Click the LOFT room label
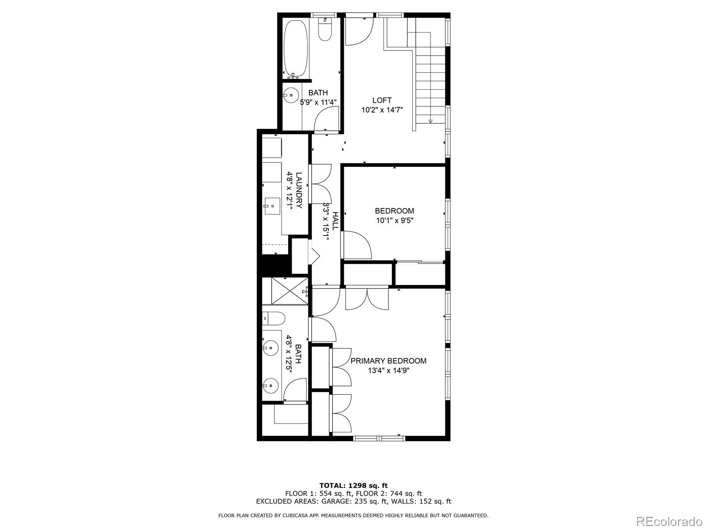pyautogui.click(x=382, y=101)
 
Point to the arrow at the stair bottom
pyautogui.click(x=430, y=121)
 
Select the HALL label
pyautogui.click(x=335, y=221)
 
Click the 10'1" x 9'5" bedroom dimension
pyautogui.click(x=395, y=220)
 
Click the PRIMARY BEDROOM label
pyautogui.click(x=388, y=361)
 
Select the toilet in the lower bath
pyautogui.click(x=273, y=318)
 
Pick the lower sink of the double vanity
pyautogui.click(x=270, y=386)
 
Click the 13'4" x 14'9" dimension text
pyautogui.click(x=388, y=371)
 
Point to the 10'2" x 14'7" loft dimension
pyautogui.click(x=382, y=110)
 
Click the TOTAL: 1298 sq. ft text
pyautogui.click(x=353, y=485)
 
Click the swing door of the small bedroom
pyautogui.click(x=357, y=246)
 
